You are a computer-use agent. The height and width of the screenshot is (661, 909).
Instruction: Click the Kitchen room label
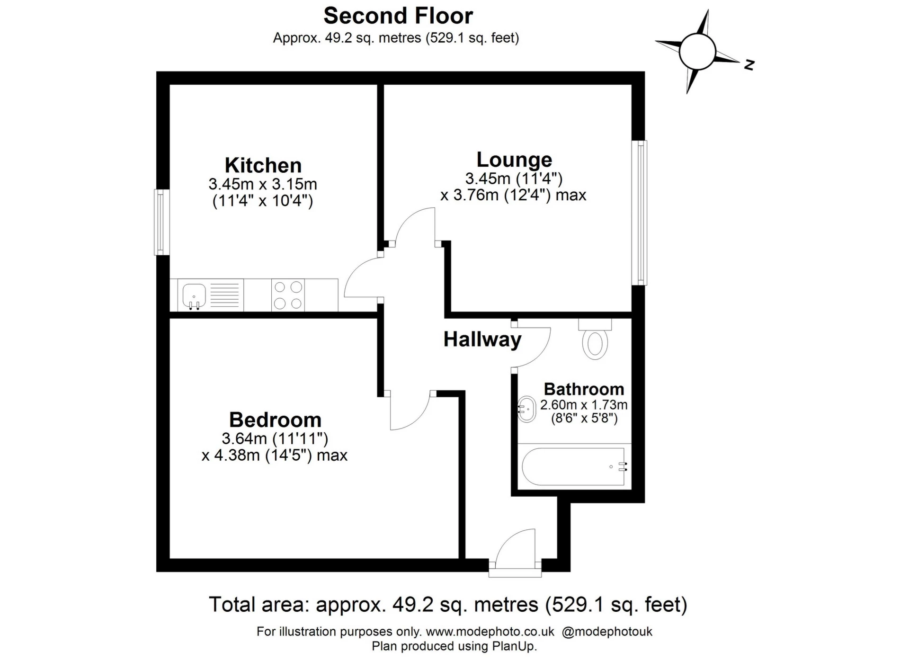point(263,165)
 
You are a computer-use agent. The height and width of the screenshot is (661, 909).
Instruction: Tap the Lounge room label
point(514,160)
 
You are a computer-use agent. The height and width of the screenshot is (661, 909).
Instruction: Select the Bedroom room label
point(275,420)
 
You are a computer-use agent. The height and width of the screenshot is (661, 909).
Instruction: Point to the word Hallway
point(482,339)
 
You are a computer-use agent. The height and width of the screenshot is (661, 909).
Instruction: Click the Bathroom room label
point(584,389)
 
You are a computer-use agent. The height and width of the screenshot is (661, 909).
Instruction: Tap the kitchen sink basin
point(194,295)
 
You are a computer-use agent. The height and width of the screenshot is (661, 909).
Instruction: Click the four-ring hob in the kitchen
point(288,295)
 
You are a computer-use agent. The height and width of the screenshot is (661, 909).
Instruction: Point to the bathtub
point(574,467)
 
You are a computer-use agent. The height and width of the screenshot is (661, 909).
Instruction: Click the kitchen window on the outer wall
point(162,222)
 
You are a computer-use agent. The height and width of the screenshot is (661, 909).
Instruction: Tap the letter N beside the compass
point(749,64)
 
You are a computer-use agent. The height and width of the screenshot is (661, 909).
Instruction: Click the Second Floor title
point(398,16)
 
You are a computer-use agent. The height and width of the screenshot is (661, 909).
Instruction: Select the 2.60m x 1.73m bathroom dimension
point(584,405)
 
